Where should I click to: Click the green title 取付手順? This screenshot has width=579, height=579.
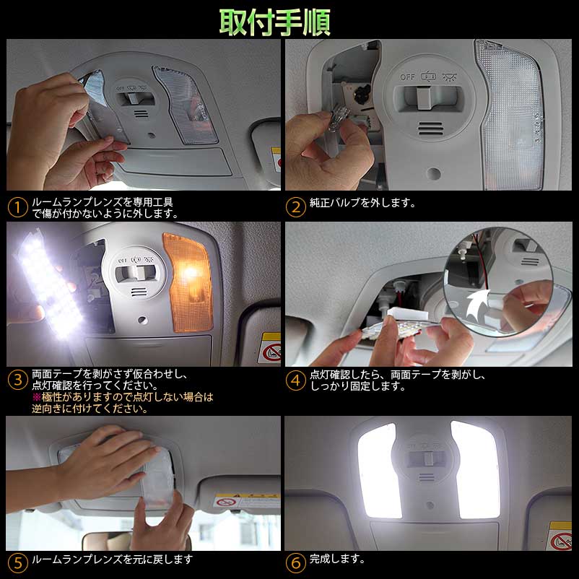275,22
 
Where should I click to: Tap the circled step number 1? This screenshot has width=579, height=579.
17,208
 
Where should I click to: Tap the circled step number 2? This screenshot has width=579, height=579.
295,208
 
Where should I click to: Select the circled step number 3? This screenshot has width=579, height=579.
17,380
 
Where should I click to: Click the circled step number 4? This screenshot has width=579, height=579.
295,380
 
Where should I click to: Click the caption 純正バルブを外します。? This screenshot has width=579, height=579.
363,203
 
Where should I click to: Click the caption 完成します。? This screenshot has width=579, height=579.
337,559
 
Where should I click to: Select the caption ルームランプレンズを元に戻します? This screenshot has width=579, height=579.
112,559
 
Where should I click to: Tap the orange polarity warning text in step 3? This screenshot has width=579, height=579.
123,403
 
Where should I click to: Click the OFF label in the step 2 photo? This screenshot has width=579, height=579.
409,75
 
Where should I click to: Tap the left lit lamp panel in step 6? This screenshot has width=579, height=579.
380,469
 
